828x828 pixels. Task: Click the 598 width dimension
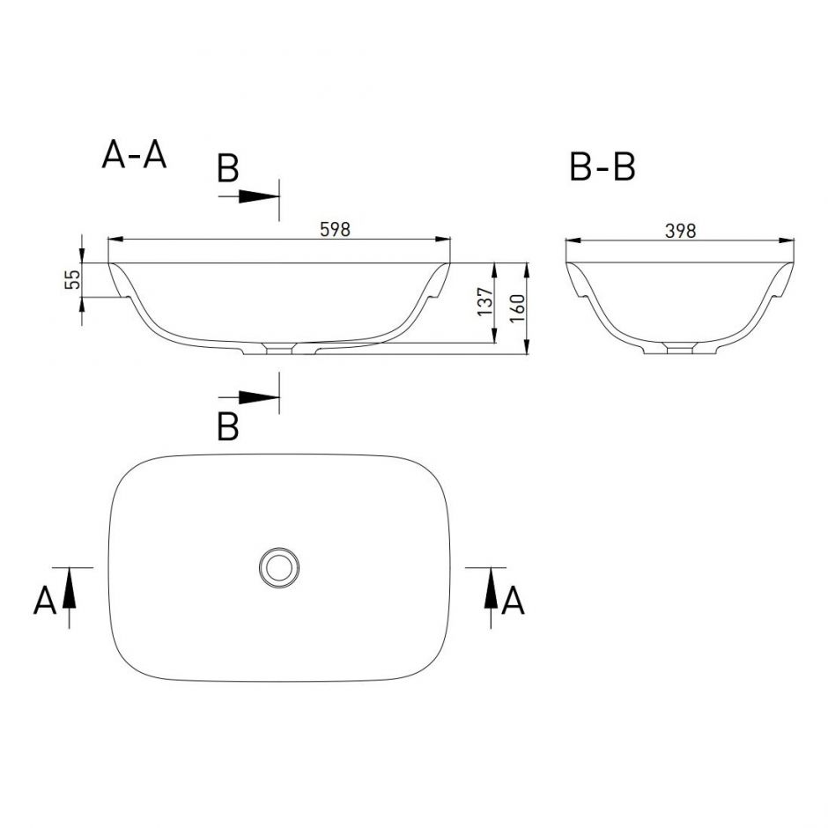point(336,229)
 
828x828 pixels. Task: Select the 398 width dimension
point(680,231)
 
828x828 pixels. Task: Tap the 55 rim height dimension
point(73,279)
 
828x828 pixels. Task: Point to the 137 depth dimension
point(486,302)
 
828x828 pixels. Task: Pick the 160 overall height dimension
point(518,308)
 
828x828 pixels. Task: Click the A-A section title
point(134,155)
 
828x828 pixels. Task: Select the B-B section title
point(603,166)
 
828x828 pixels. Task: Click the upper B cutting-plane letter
point(228,168)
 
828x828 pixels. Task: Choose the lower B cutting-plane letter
point(228,426)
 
